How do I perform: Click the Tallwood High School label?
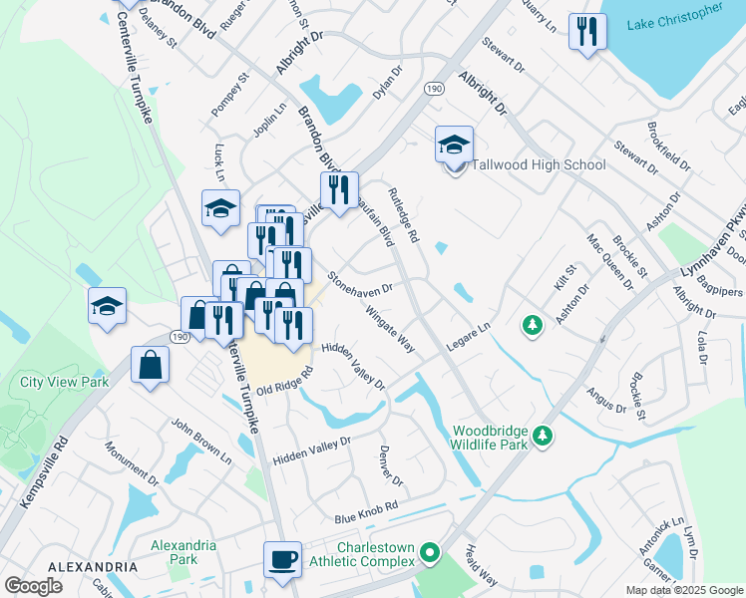click(x=539, y=165)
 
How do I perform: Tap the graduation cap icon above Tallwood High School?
click(x=454, y=145)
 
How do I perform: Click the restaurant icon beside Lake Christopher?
click(x=587, y=31)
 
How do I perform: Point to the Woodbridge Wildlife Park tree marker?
click(x=543, y=436)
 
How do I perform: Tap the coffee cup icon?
click(x=283, y=559)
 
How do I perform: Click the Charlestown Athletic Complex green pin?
click(x=430, y=551)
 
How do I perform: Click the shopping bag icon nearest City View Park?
click(x=150, y=365)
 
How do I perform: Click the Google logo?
click(x=34, y=586)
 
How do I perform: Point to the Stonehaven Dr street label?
click(x=361, y=282)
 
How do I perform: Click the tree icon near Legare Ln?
click(x=534, y=325)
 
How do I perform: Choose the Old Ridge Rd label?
click(x=285, y=381)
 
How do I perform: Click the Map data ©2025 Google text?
click(x=683, y=590)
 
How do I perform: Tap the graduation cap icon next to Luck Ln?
click(x=220, y=208)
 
